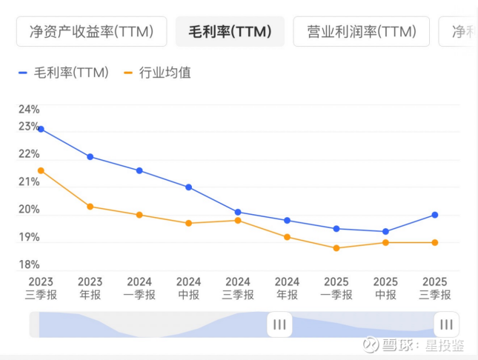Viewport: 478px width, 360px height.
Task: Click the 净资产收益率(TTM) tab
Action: tap(91, 32)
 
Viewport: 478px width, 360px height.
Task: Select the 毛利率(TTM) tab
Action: tap(230, 32)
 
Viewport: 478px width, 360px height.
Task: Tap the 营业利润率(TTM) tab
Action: tap(360, 32)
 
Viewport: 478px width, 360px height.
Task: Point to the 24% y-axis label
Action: tap(29, 109)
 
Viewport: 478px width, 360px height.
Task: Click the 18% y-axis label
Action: tap(29, 264)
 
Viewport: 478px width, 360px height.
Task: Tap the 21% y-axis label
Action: tap(29, 182)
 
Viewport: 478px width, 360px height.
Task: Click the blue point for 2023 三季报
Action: tap(41, 129)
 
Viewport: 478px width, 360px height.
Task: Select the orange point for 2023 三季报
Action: tap(41, 170)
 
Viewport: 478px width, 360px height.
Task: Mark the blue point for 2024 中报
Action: tap(189, 187)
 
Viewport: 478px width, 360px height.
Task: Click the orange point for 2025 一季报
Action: tap(336, 248)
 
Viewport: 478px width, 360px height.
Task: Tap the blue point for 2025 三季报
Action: tap(435, 215)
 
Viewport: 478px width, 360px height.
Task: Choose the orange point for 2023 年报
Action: tap(90, 207)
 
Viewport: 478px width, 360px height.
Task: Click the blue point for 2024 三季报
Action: tap(238, 212)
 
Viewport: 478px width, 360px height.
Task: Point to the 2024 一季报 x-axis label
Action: tap(139, 288)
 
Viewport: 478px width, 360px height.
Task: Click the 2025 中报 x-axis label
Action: tap(385, 288)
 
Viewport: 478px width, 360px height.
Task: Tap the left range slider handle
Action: tap(279, 324)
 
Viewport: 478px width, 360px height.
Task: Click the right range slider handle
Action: tap(446, 324)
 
